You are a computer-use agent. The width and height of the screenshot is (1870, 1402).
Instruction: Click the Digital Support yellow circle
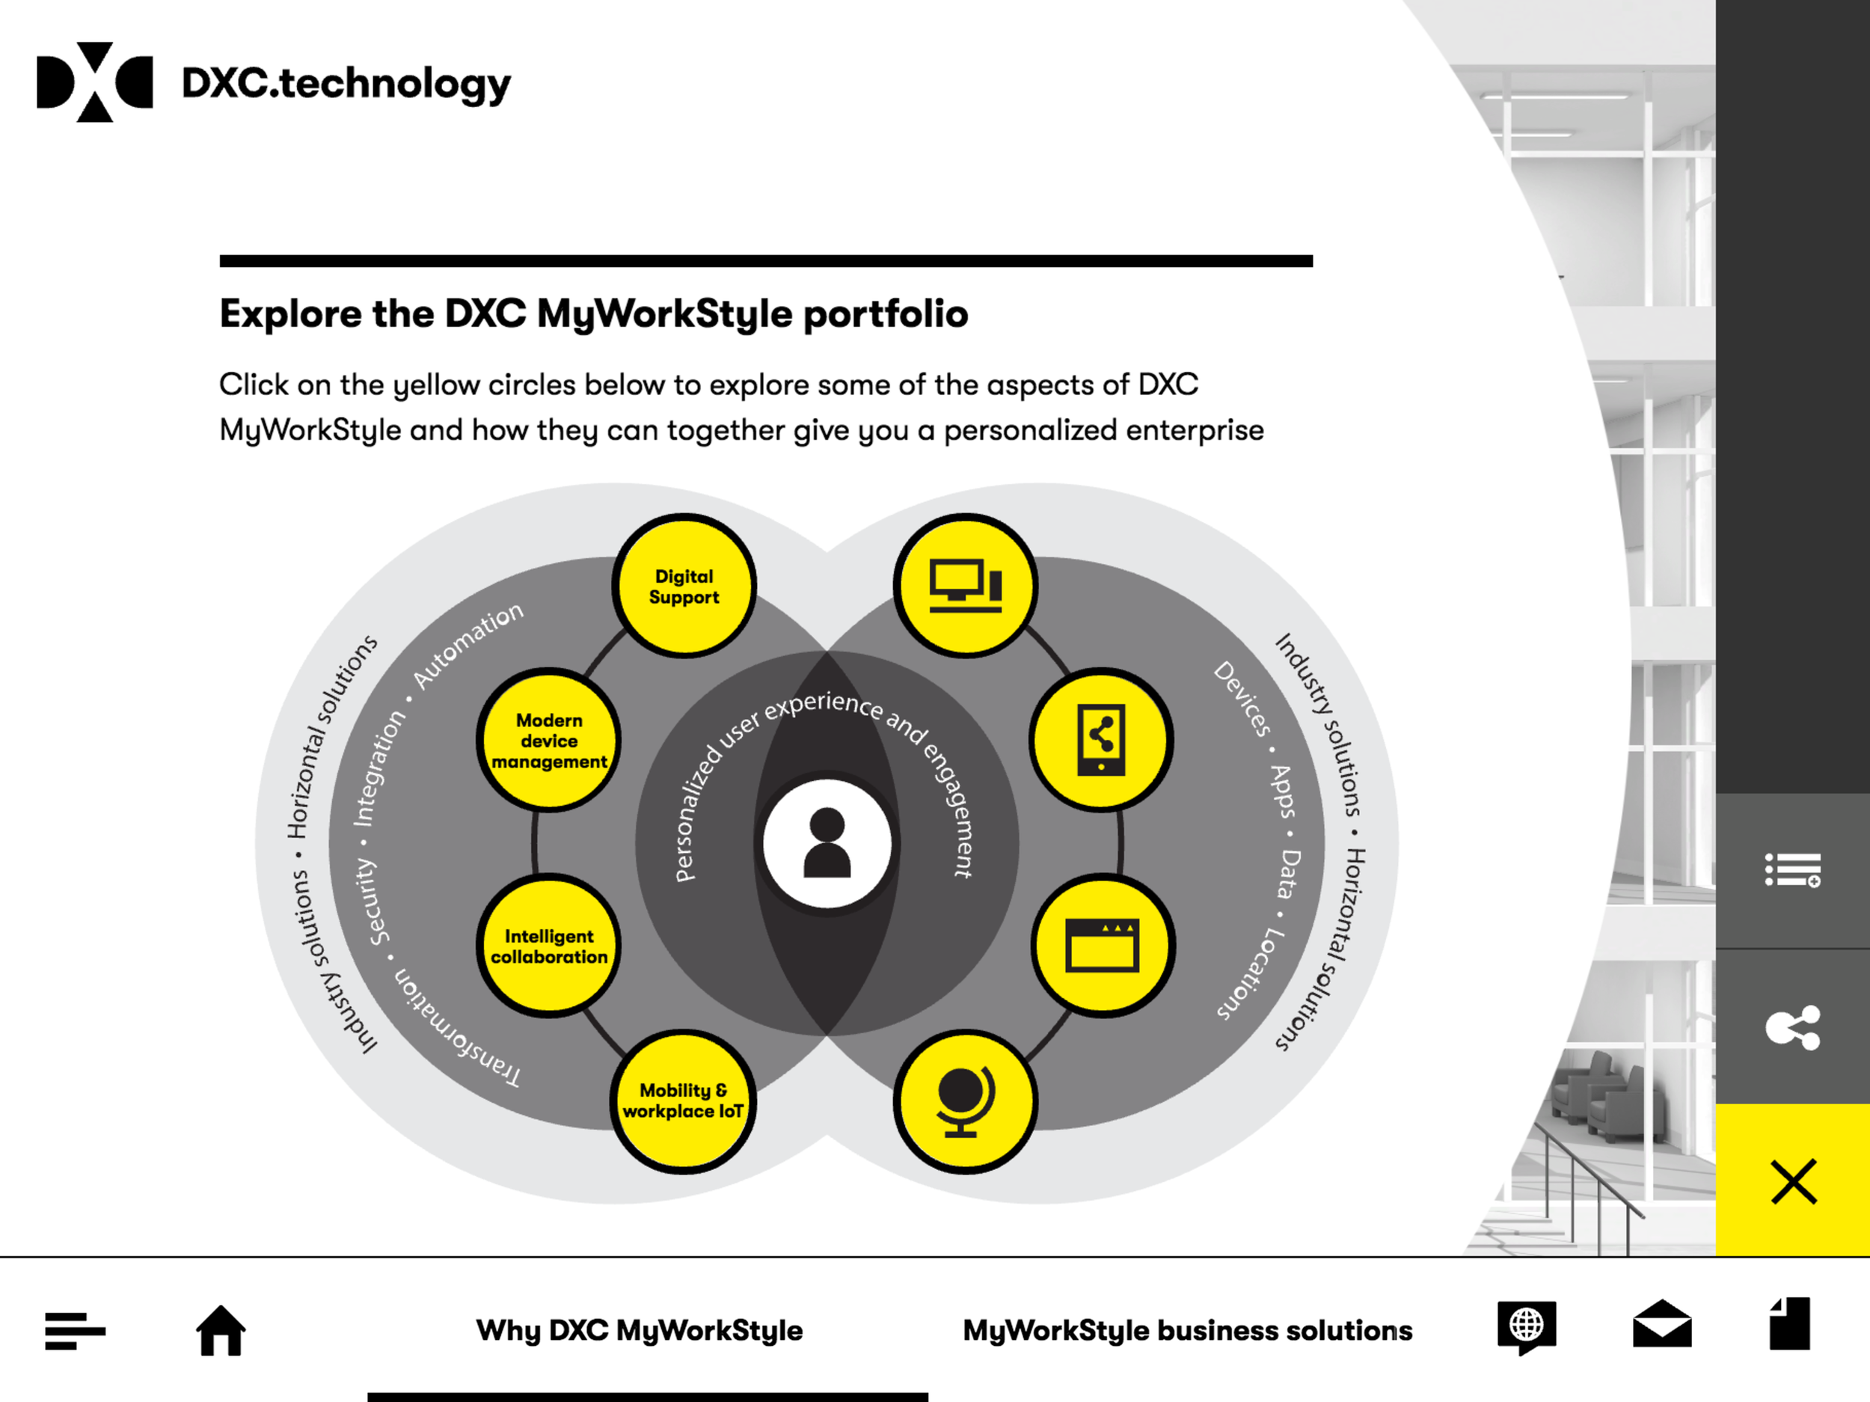pyautogui.click(x=684, y=586)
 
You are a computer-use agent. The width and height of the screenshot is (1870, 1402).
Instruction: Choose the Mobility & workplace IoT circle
pyautogui.click(x=683, y=1101)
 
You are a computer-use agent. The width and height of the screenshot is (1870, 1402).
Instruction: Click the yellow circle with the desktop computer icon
pyautogui.click(x=966, y=586)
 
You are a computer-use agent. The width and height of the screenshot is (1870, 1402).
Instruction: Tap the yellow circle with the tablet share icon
pyautogui.click(x=1101, y=740)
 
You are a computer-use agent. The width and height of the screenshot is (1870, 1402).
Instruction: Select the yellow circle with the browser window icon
pyautogui.click(x=1103, y=946)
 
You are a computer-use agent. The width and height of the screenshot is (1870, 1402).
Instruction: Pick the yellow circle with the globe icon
pyautogui.click(x=966, y=1101)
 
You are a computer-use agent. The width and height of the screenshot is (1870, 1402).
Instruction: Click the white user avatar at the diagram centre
pyautogui.click(x=827, y=843)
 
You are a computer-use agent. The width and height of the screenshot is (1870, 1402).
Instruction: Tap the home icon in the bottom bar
pyautogui.click(x=221, y=1329)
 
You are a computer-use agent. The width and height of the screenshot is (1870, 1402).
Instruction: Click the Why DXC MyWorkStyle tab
pyautogui.click(x=639, y=1330)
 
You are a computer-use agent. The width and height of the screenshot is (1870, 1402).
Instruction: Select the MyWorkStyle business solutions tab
pyautogui.click(x=1187, y=1330)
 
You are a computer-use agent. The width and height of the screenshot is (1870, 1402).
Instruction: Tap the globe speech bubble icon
pyautogui.click(x=1526, y=1326)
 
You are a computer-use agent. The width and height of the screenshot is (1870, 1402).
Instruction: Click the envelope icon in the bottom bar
pyautogui.click(x=1661, y=1324)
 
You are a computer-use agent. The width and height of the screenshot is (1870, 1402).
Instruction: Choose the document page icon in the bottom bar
pyautogui.click(x=1790, y=1324)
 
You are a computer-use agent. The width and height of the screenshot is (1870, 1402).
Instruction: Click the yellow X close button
pyautogui.click(x=1793, y=1181)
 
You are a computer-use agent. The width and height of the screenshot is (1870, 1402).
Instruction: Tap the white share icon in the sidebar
pyautogui.click(x=1793, y=1027)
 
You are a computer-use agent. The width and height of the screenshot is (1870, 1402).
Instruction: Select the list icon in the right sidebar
pyautogui.click(x=1793, y=870)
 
